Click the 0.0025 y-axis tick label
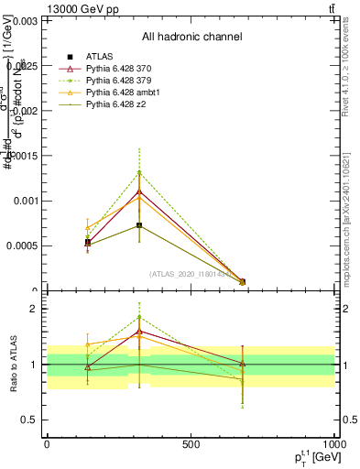[x=22, y=65]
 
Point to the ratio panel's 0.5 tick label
[x=29, y=420]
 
